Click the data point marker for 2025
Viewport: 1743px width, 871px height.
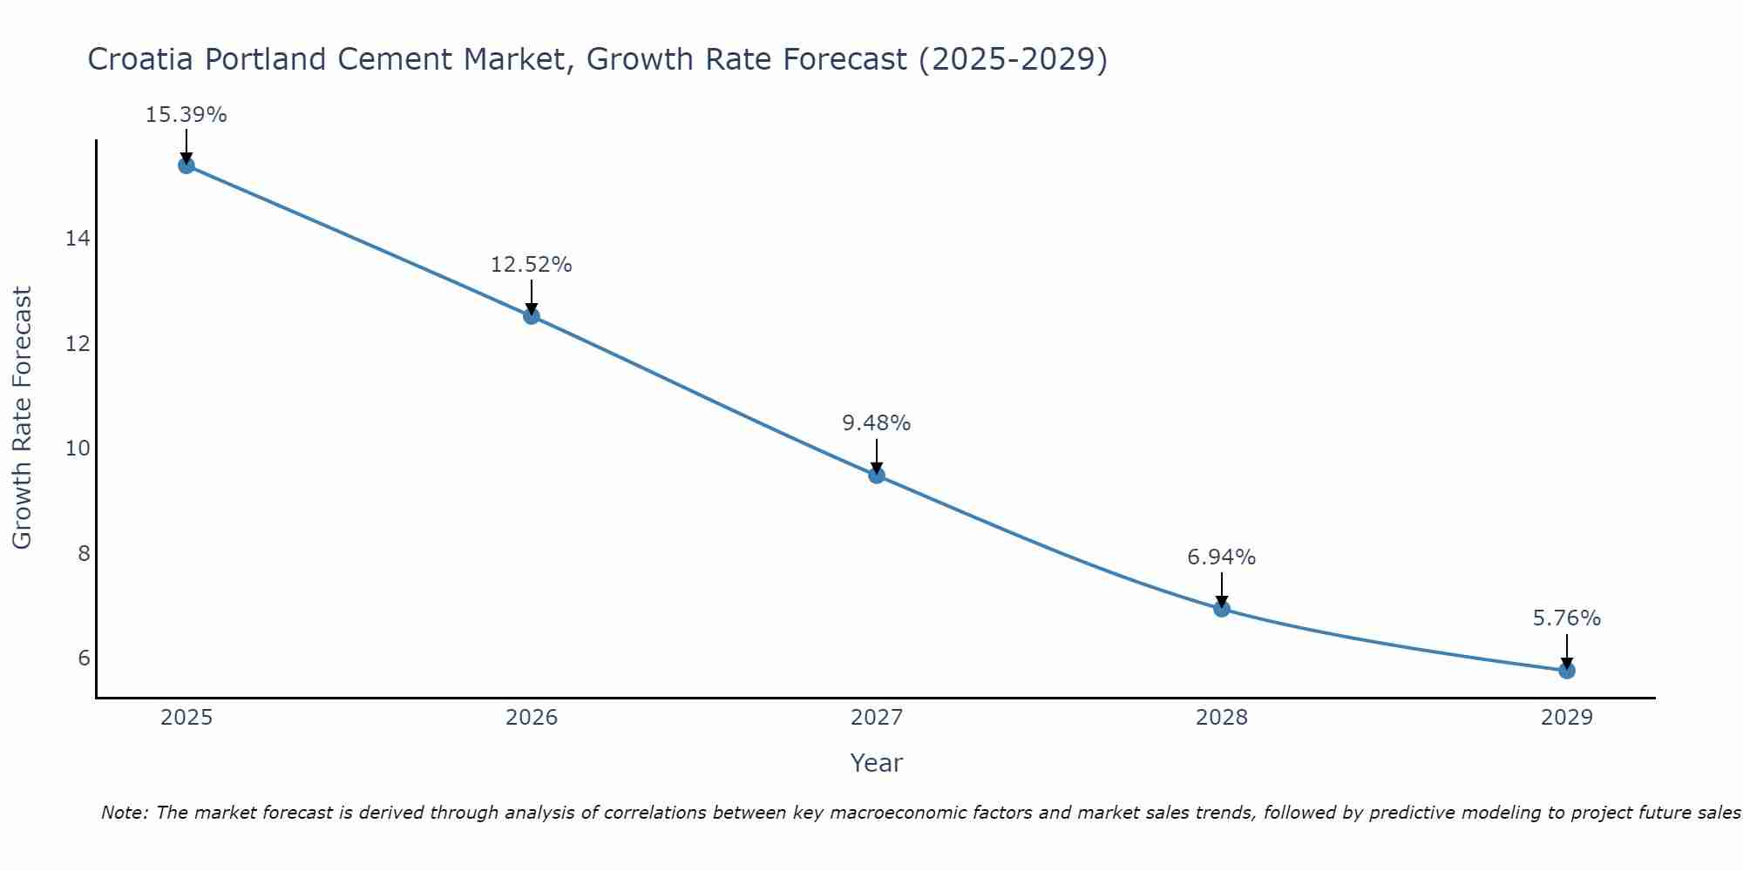point(187,165)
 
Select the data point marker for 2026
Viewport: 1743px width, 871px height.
point(532,316)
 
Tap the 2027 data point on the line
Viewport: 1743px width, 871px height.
point(877,476)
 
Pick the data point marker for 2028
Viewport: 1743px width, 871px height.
point(1222,609)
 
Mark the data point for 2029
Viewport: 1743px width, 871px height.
point(1567,671)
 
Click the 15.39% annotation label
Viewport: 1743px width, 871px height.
point(187,115)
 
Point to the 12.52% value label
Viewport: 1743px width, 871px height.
point(532,265)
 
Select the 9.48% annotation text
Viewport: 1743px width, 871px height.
point(877,423)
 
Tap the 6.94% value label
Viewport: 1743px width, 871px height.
point(1222,557)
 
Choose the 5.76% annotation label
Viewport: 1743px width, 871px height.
point(1567,618)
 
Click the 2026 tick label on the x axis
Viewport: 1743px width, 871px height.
point(532,718)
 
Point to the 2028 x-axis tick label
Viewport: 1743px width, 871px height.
point(1222,718)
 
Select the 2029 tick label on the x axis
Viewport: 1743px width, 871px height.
point(1567,718)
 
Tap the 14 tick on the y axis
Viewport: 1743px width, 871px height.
point(78,239)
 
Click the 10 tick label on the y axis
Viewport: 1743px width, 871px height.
point(78,449)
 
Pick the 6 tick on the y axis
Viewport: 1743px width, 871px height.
point(84,658)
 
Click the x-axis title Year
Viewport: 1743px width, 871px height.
point(877,763)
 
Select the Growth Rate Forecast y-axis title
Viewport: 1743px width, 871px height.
point(23,418)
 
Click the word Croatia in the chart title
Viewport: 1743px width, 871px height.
point(140,60)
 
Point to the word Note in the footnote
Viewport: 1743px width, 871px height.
point(125,814)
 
